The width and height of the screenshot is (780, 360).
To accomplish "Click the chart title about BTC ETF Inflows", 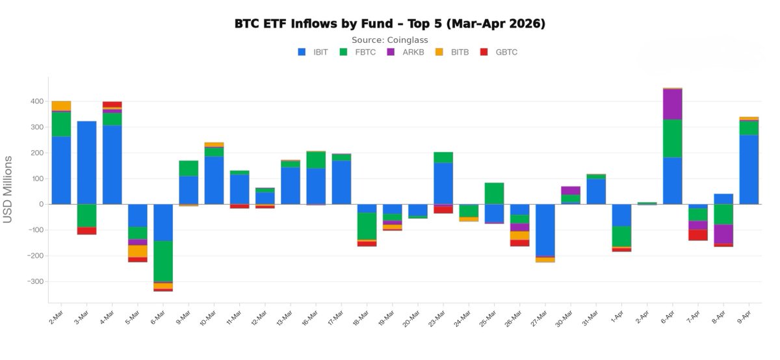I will (389, 24).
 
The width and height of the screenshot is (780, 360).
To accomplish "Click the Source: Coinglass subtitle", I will (389, 40).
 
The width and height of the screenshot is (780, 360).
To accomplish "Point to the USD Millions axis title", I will (8, 189).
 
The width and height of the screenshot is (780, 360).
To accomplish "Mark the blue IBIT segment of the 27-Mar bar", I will (545, 230).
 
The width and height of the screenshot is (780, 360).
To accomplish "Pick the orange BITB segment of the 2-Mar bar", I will (61, 106).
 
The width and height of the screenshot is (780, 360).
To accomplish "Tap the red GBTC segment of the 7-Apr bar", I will (698, 235).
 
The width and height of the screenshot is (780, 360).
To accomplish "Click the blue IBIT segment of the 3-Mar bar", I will (86, 162).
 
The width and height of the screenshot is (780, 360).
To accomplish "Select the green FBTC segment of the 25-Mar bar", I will (495, 193).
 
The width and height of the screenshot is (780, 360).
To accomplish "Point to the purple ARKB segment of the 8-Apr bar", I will (723, 234).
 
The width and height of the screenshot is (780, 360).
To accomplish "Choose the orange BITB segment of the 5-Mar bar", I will (138, 251).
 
